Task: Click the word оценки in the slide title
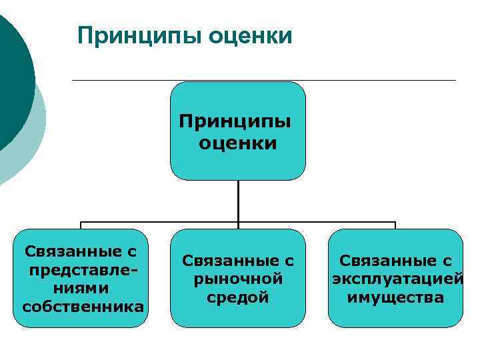tap(250, 35)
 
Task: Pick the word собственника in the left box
tap(83, 307)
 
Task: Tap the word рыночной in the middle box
tap(238, 279)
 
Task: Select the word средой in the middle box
tap(238, 297)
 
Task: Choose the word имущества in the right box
tap(395, 297)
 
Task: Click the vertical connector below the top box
tap(238, 200)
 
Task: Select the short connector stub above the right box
tap(395, 225)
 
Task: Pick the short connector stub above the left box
tap(81, 225)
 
